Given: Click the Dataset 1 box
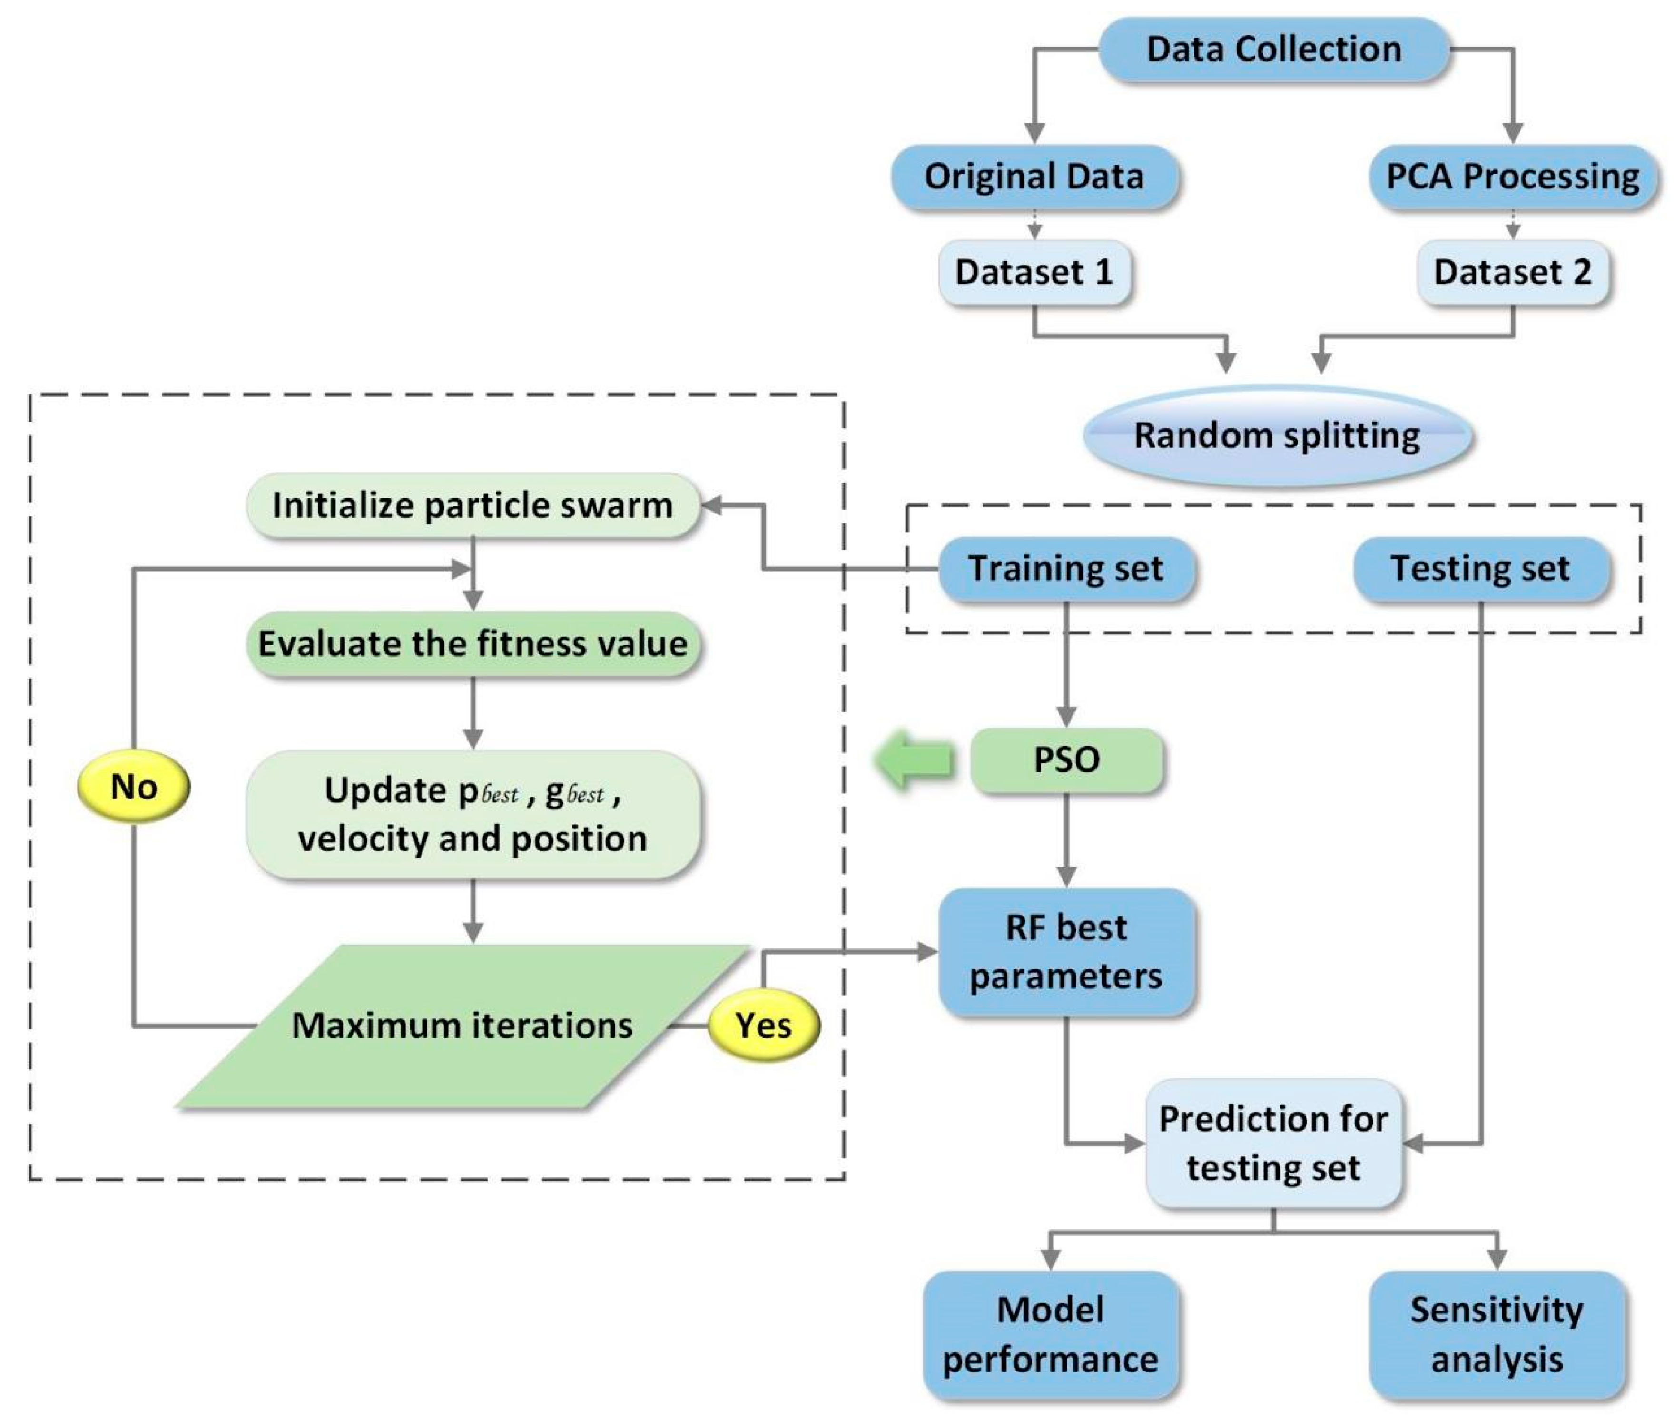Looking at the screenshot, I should (x=1034, y=272).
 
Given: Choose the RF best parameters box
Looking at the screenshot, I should (x=1065, y=952).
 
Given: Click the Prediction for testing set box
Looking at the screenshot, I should (x=1273, y=1143).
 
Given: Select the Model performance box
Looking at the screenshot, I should (x=1050, y=1335).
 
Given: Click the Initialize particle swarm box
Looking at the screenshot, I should (x=473, y=505).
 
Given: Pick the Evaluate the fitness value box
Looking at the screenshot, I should (x=473, y=644).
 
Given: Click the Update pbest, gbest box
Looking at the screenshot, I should (x=473, y=815).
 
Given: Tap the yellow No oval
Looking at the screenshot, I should (x=134, y=787).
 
